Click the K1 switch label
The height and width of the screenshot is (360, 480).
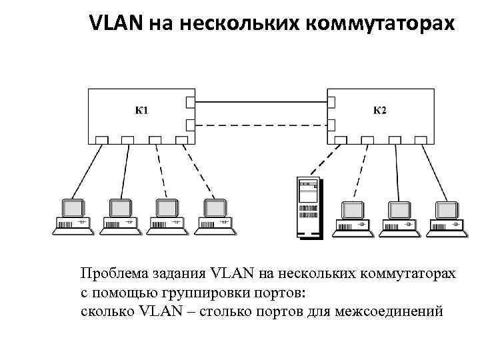(x=142, y=110)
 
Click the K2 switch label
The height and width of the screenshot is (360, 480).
(x=379, y=110)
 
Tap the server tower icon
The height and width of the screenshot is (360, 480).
(x=307, y=207)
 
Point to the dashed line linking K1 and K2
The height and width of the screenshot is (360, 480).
(x=260, y=124)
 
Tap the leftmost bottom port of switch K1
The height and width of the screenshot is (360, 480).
(x=101, y=140)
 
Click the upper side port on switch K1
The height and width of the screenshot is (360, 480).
(x=190, y=102)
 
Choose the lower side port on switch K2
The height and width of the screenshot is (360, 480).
(x=331, y=124)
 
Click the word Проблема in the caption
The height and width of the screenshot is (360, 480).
(x=113, y=274)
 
